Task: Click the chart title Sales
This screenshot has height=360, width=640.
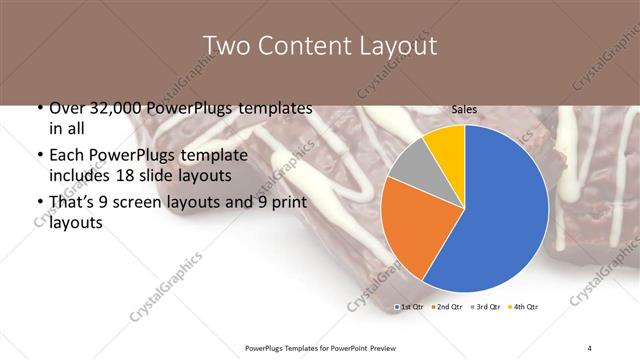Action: (464, 108)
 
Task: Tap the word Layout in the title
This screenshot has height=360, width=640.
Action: (399, 46)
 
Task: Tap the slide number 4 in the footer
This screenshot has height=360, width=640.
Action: (589, 348)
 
